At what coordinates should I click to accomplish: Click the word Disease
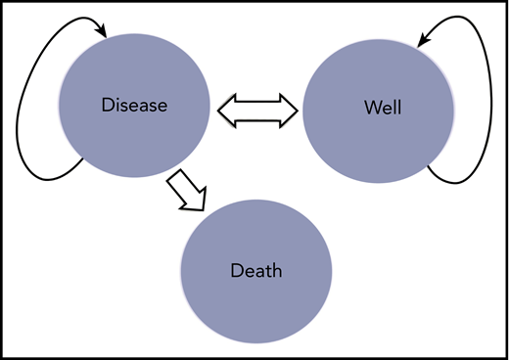coord(134,104)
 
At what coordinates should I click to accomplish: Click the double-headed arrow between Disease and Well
coord(256,109)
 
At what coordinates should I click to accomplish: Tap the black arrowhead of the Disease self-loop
coord(101,33)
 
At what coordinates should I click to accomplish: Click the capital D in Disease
coord(107,104)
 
